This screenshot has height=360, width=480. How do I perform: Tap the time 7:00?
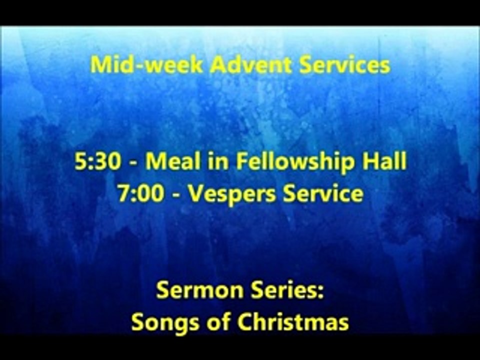click(140, 194)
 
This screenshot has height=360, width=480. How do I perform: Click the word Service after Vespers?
click(323, 194)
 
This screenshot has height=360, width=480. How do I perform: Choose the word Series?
click(290, 290)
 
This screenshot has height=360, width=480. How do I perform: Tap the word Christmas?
click(293, 322)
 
